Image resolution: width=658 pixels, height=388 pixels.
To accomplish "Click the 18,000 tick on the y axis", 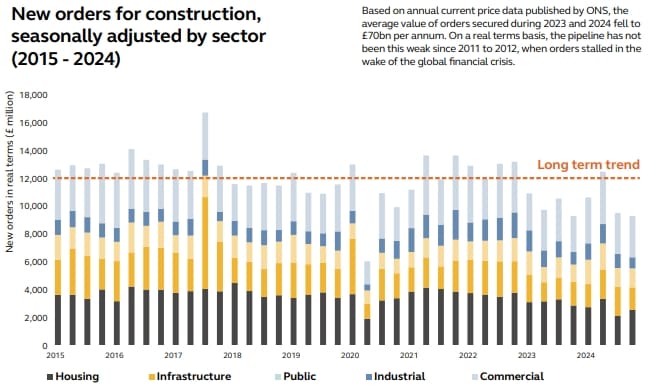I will (33, 96).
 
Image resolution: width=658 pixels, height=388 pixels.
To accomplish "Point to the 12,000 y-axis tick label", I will (33, 179).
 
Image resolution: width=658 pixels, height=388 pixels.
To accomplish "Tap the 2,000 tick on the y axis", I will (36, 318).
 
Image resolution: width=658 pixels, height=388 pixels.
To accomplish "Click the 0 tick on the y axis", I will (45, 346).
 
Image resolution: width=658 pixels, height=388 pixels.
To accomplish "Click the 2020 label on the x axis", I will (350, 355).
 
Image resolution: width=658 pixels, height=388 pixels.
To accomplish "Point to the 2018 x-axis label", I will (233, 355).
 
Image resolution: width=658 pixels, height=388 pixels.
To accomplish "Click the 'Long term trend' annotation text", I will (588, 165).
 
